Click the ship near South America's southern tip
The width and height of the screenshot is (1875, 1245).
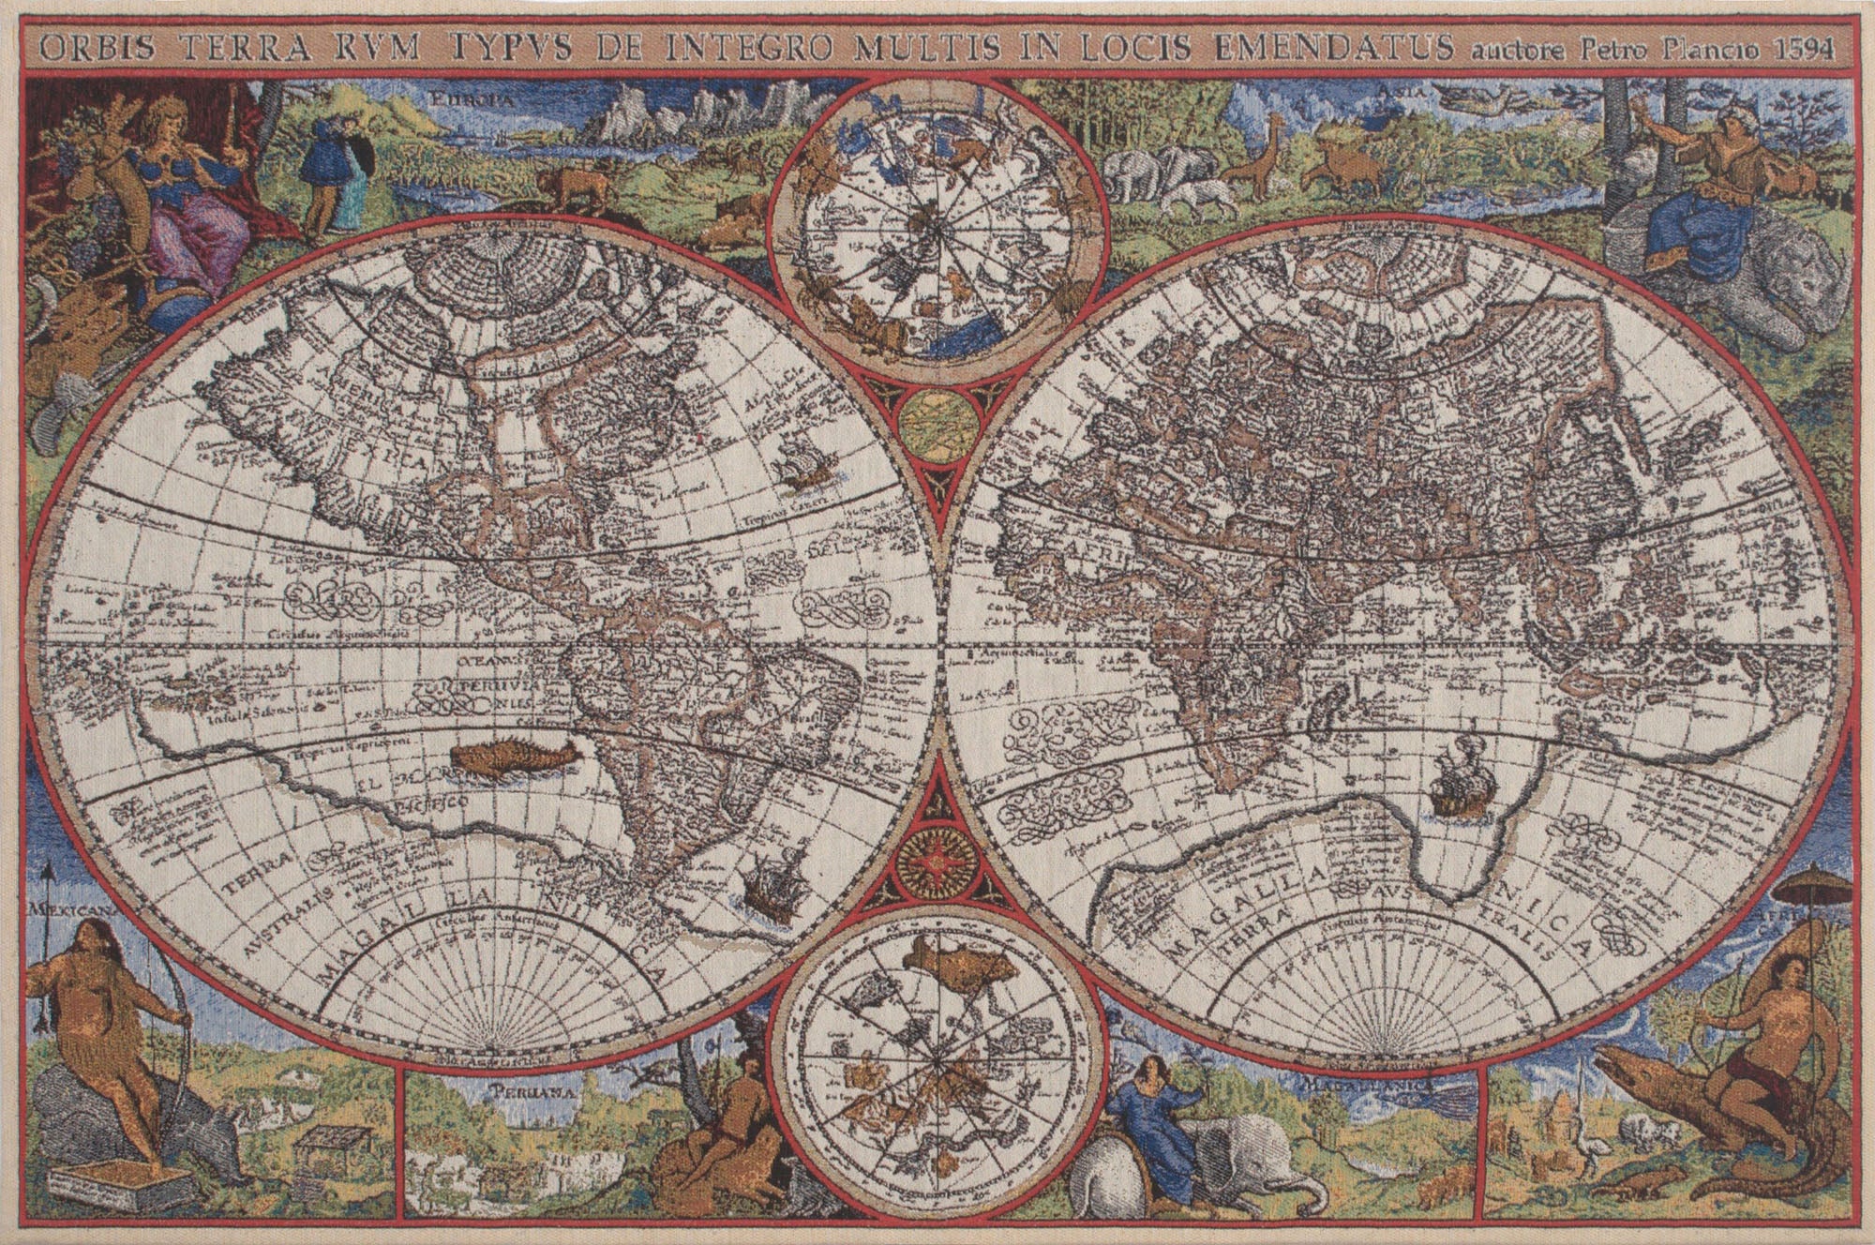click(x=769, y=891)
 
